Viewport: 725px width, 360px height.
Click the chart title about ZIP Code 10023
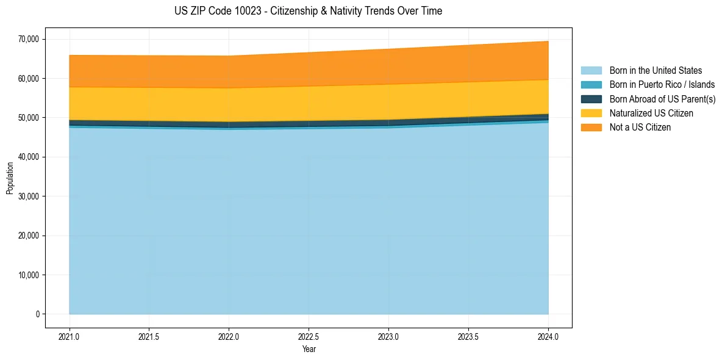(x=308, y=11)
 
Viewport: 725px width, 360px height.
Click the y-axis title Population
(x=10, y=178)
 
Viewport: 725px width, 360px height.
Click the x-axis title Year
(x=309, y=349)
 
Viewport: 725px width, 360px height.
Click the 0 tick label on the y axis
(x=37, y=314)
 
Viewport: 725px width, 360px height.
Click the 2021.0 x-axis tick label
(x=70, y=336)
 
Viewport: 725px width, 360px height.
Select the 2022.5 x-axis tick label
(x=309, y=336)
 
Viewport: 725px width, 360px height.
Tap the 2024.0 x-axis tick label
(x=548, y=336)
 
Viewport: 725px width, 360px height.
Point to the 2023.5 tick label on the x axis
(x=468, y=336)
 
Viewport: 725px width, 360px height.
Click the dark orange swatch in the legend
(x=591, y=128)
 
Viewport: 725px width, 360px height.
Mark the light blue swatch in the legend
(x=591, y=71)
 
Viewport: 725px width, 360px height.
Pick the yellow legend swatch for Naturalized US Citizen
(x=591, y=113)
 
